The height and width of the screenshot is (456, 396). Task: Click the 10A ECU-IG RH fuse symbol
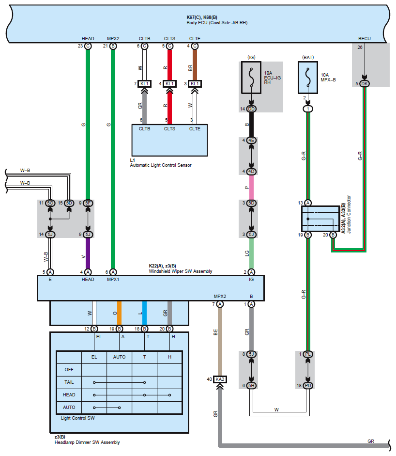tap(251, 78)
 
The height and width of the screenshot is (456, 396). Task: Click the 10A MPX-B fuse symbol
tap(308, 78)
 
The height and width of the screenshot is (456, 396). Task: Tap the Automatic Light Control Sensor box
tap(169, 140)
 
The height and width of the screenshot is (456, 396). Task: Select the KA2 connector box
tap(220, 379)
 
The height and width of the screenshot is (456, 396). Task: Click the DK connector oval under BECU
tap(365, 84)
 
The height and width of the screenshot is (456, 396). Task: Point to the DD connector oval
tap(251, 109)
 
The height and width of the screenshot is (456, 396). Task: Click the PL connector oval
tap(308, 354)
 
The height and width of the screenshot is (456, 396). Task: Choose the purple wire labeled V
tap(88, 253)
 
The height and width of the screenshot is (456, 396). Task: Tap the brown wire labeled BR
tap(195, 65)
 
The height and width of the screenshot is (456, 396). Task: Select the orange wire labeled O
tap(119, 313)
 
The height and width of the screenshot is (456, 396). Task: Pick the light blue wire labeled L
tap(144, 313)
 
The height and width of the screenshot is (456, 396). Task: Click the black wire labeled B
tap(251, 125)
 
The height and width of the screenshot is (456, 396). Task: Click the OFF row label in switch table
tap(69, 370)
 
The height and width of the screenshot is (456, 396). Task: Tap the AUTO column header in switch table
tap(119, 357)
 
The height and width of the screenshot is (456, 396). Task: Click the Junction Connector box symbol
tap(320, 219)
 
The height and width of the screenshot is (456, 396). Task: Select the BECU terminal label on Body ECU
tap(365, 38)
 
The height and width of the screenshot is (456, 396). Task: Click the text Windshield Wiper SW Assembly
tap(181, 271)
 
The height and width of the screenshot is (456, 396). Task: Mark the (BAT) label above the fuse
tap(308, 57)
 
